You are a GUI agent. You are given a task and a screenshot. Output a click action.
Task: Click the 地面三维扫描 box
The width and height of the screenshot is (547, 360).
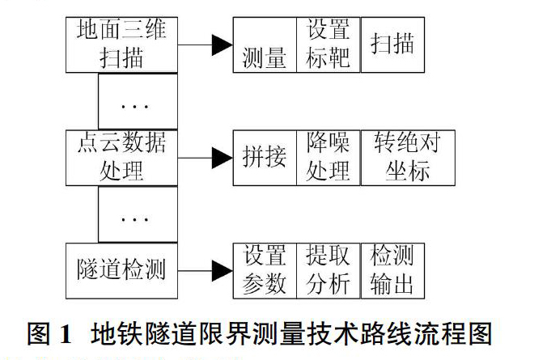tap(121, 44)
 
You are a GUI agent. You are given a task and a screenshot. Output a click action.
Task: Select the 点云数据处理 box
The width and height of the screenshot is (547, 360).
tap(121, 158)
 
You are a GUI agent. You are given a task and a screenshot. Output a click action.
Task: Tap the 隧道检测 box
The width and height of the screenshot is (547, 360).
tap(121, 271)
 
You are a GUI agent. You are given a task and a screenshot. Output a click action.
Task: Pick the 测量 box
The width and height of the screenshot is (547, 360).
tap(265, 44)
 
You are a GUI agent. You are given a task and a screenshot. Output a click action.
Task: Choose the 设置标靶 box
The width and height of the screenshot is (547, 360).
tap(329, 44)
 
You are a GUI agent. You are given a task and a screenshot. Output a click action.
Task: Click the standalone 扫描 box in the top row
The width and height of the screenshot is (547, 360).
tap(392, 44)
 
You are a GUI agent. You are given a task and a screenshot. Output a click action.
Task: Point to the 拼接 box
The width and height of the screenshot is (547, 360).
tap(265, 158)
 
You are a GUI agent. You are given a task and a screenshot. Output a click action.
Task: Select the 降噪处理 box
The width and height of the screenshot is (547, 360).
tap(329, 158)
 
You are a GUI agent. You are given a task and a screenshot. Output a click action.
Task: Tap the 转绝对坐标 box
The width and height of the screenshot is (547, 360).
tap(408, 158)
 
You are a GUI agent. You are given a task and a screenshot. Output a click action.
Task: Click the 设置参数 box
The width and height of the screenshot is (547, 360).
tap(265, 271)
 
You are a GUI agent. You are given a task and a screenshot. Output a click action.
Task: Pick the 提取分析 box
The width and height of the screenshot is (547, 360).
tap(329, 271)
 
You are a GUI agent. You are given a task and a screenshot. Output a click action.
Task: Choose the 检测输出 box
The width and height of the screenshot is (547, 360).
tap(392, 271)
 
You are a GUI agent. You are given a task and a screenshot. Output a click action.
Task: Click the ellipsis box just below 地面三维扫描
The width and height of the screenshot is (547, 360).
tap(138, 101)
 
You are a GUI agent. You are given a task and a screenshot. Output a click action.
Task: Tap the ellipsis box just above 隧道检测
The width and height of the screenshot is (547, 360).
tap(138, 214)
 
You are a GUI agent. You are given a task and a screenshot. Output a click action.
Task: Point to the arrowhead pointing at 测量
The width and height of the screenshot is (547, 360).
tap(223, 44)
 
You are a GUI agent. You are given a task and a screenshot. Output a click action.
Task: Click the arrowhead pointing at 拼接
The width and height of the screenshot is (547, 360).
tap(223, 158)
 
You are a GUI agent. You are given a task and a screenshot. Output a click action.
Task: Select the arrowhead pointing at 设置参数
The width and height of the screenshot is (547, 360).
tap(223, 271)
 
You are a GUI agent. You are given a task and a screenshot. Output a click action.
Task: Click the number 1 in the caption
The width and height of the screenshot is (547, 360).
tap(66, 334)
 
